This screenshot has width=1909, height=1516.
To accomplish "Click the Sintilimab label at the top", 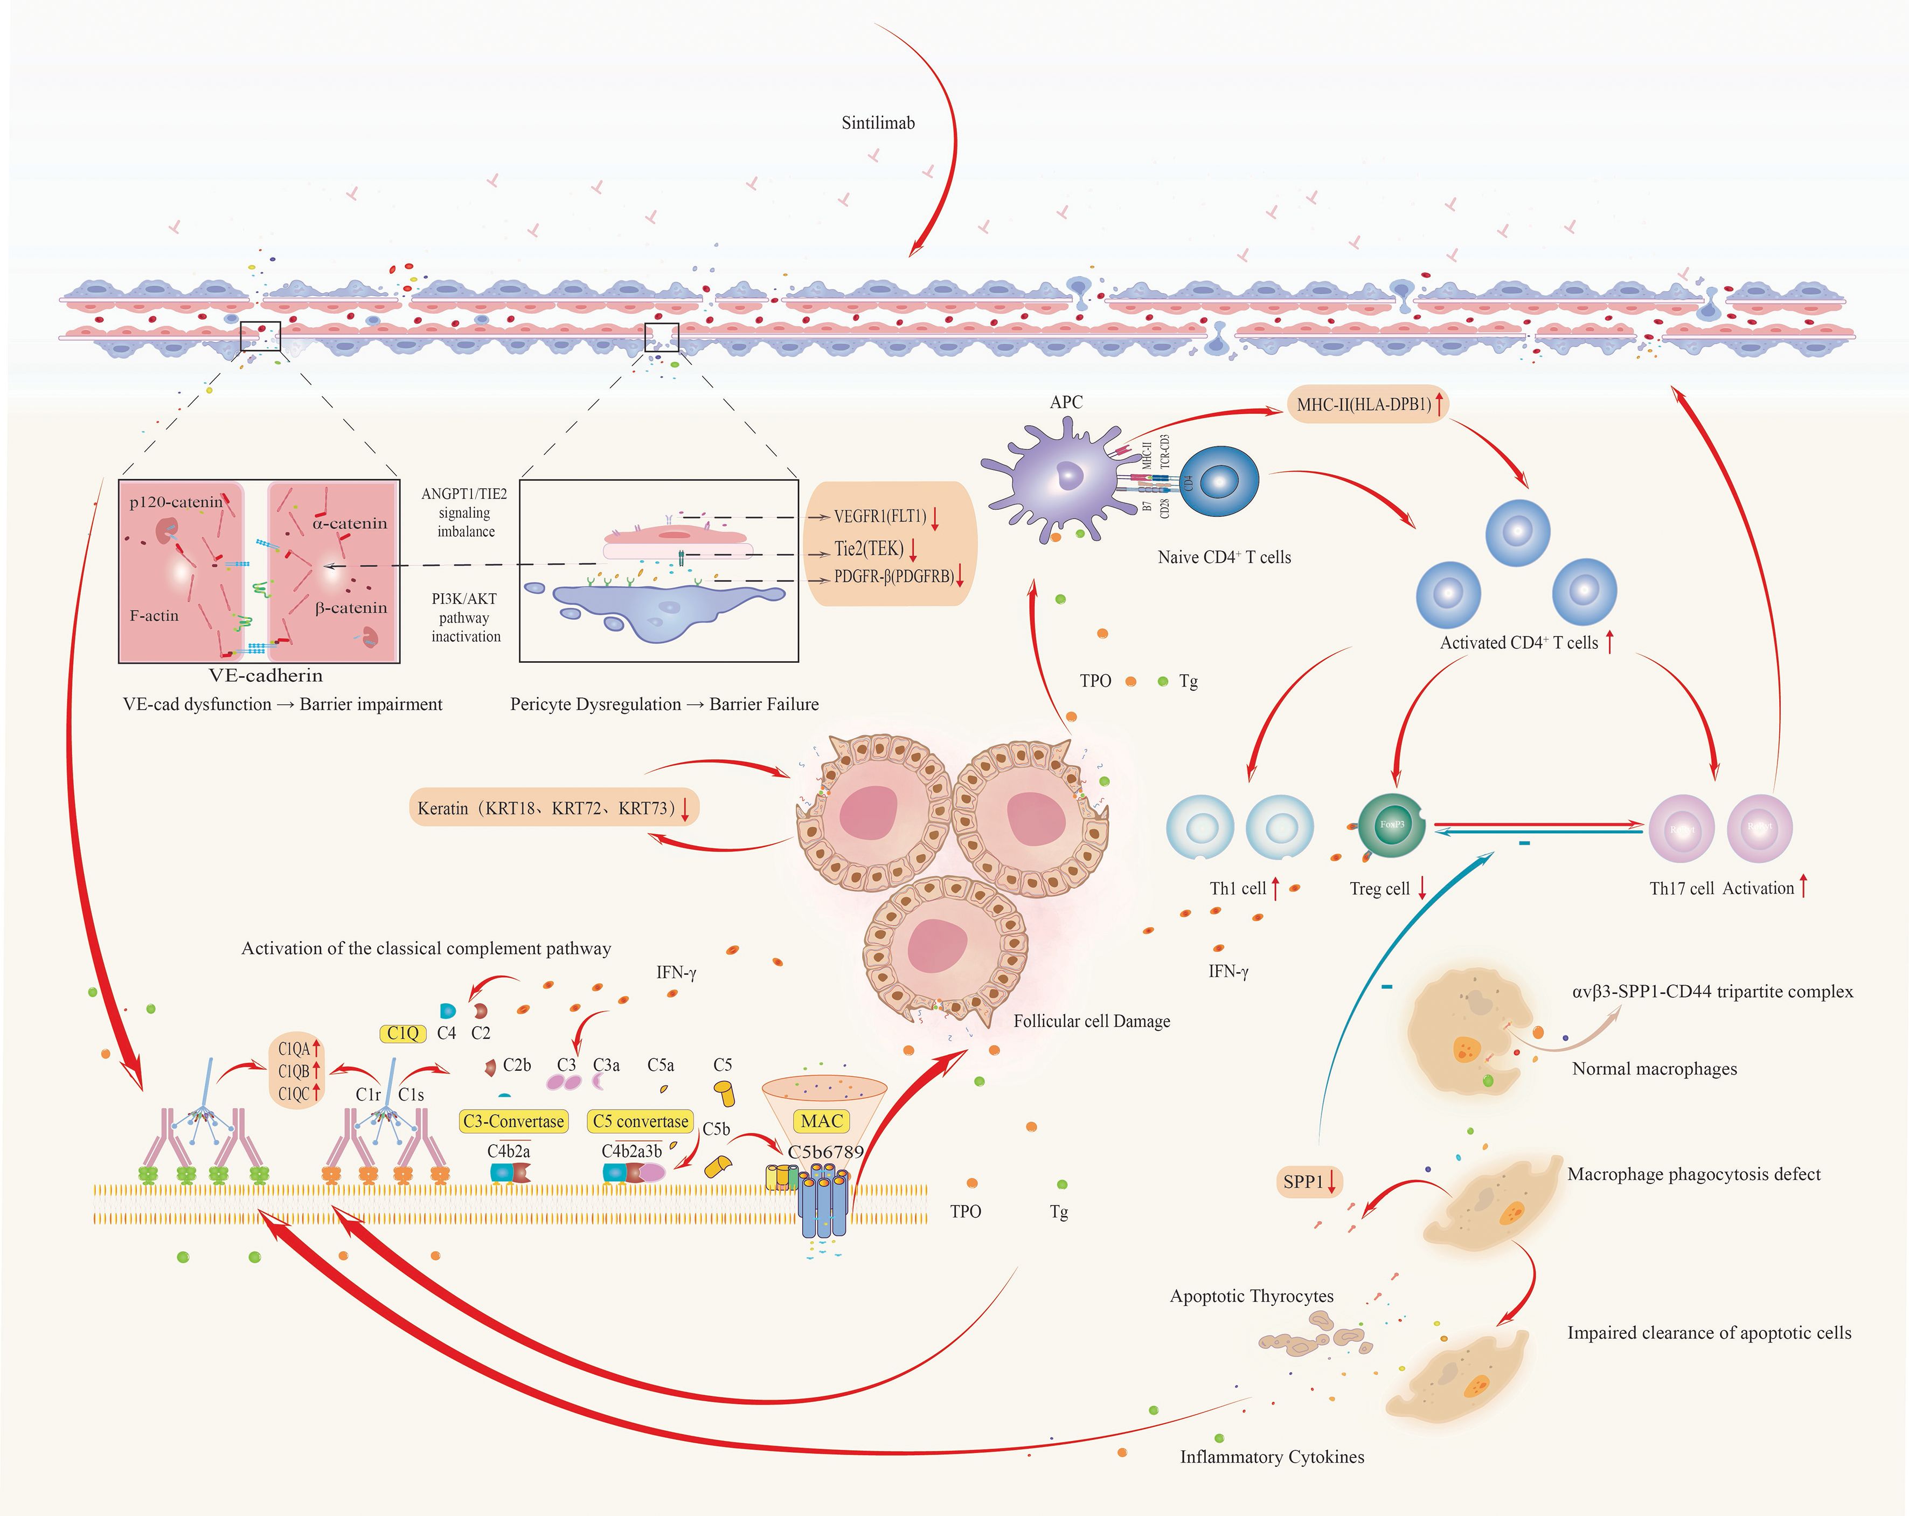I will (x=878, y=123).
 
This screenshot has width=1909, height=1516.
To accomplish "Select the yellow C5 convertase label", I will (x=640, y=1121).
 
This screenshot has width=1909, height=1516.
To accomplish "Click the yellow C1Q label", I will (x=403, y=1033).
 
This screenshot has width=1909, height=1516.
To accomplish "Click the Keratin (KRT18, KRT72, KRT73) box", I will (x=553, y=808).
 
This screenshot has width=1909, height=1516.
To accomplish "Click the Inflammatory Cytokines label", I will (x=1272, y=1457).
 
